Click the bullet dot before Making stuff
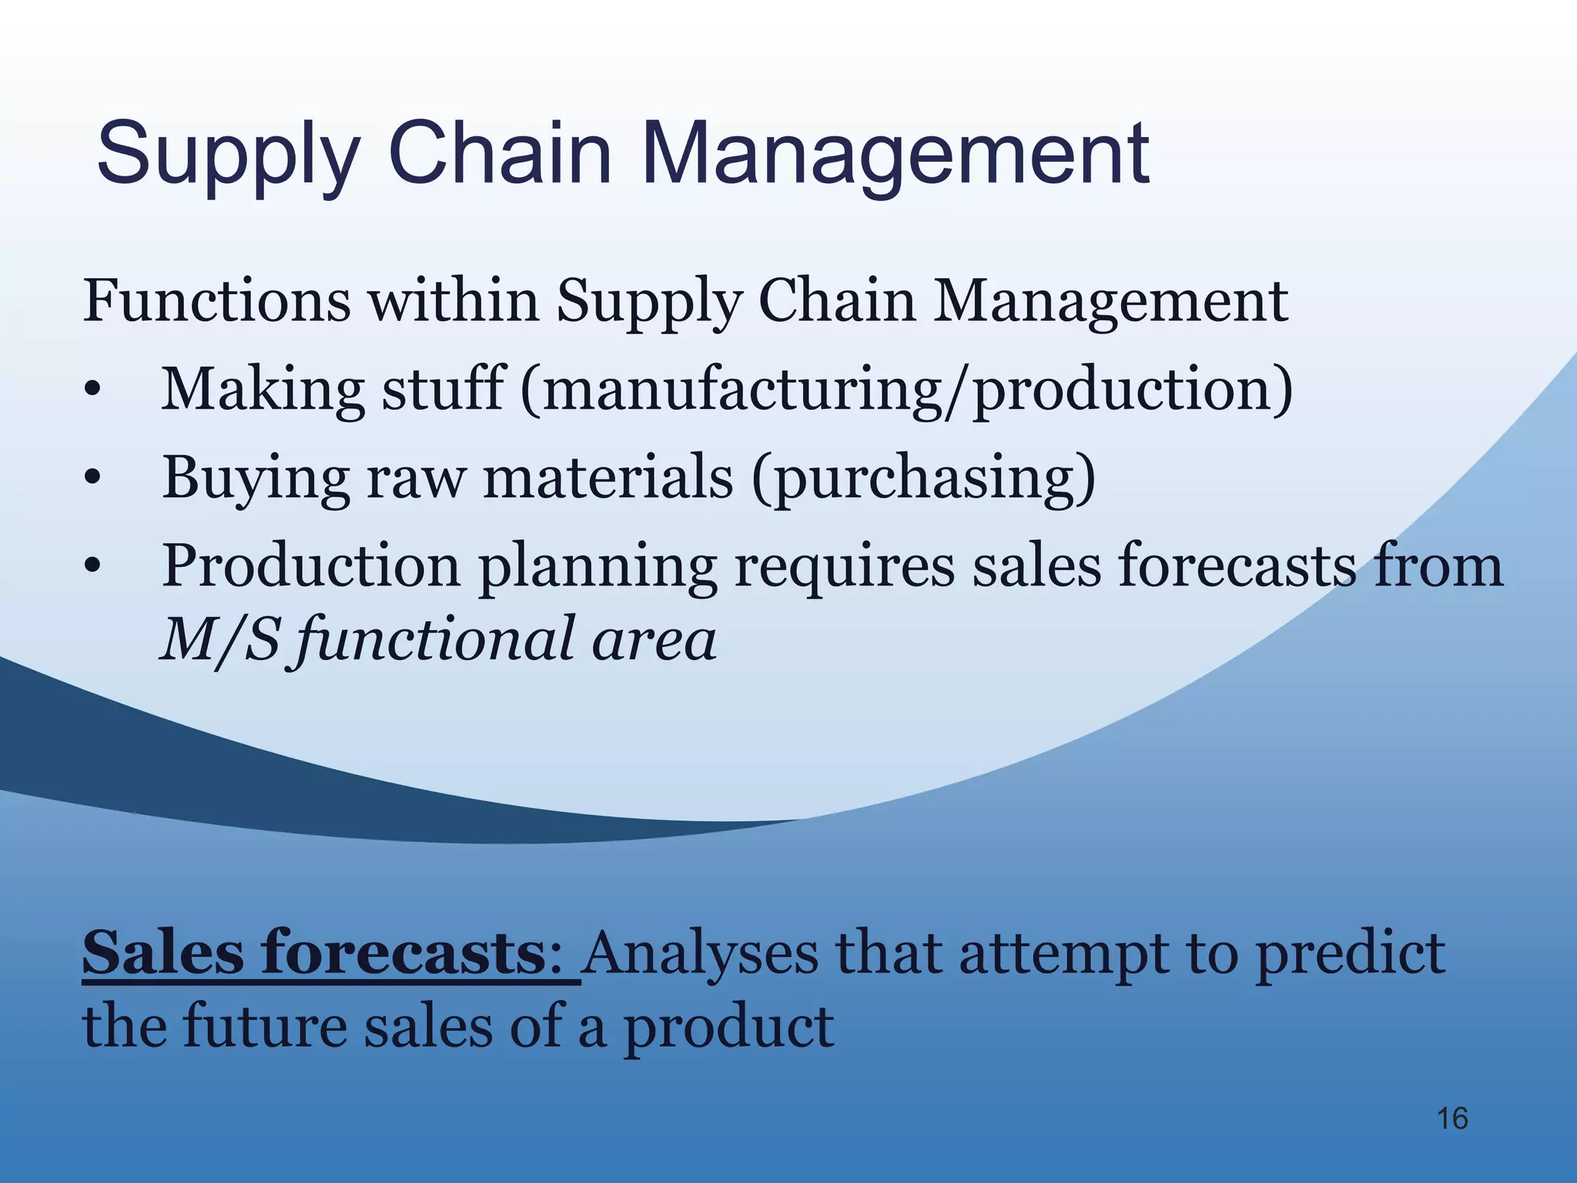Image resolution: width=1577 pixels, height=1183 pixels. (x=92, y=390)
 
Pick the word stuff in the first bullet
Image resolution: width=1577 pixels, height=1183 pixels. (x=443, y=388)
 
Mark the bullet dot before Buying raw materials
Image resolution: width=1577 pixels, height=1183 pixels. (x=92, y=479)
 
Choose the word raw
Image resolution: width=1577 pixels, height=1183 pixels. (x=416, y=478)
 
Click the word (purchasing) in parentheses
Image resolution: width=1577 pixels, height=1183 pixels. (x=923, y=478)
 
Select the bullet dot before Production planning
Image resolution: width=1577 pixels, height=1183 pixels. (x=92, y=568)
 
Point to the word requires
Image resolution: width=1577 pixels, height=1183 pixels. (x=844, y=566)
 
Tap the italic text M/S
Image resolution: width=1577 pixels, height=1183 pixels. (x=219, y=639)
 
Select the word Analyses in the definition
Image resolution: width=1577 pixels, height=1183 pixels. (x=700, y=953)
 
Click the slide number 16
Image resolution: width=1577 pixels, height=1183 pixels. (x=1452, y=1118)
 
